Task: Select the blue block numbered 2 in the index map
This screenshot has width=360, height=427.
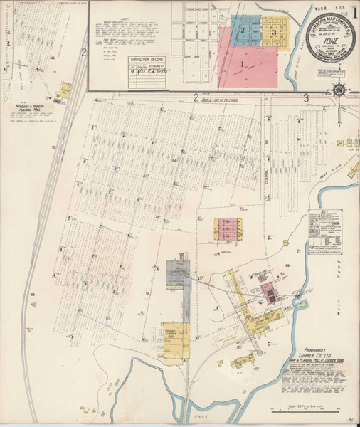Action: [x=243, y=30]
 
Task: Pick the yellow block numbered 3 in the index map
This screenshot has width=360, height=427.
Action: [x=272, y=32]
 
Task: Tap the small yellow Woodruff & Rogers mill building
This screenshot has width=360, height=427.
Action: [x=65, y=90]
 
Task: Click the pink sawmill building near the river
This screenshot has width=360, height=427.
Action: [x=267, y=292]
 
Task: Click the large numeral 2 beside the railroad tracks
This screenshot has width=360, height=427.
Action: [x=83, y=52]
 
